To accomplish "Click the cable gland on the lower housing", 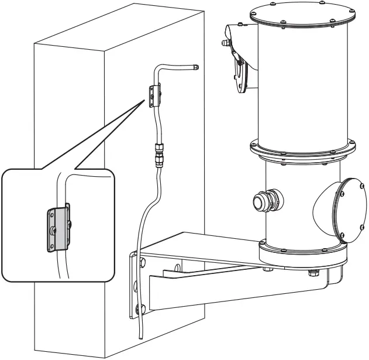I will tap(258, 201).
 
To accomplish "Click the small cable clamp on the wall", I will tap(154, 95).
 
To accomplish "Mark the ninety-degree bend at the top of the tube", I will tap(158, 69).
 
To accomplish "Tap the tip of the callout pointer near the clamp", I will tap(145, 100).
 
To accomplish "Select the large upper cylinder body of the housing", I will tap(303, 82).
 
